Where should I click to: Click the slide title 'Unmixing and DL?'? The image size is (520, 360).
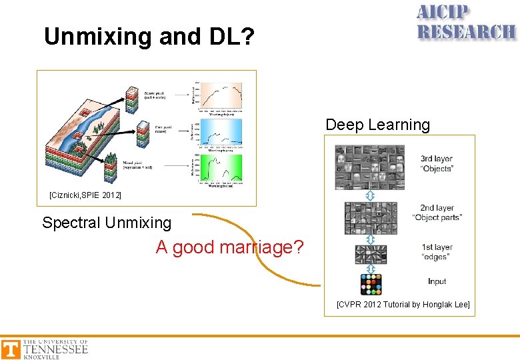click(149, 36)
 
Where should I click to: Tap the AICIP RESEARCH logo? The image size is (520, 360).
click(466, 23)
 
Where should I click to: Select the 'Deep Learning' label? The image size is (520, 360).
click(377, 125)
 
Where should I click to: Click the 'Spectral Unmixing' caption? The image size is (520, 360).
click(107, 223)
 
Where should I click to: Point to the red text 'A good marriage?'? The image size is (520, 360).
click(229, 247)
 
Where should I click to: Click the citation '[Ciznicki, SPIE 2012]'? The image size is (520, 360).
click(85, 195)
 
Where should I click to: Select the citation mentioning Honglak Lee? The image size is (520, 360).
click(403, 305)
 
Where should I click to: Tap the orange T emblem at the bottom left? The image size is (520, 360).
click(11, 349)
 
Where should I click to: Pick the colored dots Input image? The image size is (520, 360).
click(371, 284)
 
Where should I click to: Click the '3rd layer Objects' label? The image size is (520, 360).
click(437, 163)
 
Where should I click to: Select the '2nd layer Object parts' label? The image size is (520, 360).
click(437, 213)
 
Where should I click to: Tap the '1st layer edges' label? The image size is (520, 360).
click(437, 252)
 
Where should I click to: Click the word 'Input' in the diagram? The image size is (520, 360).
click(437, 281)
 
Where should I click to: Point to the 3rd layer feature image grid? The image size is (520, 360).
click(369, 167)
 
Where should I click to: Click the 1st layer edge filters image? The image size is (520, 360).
click(371, 254)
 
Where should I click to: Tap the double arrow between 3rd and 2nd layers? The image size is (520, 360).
click(371, 195)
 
